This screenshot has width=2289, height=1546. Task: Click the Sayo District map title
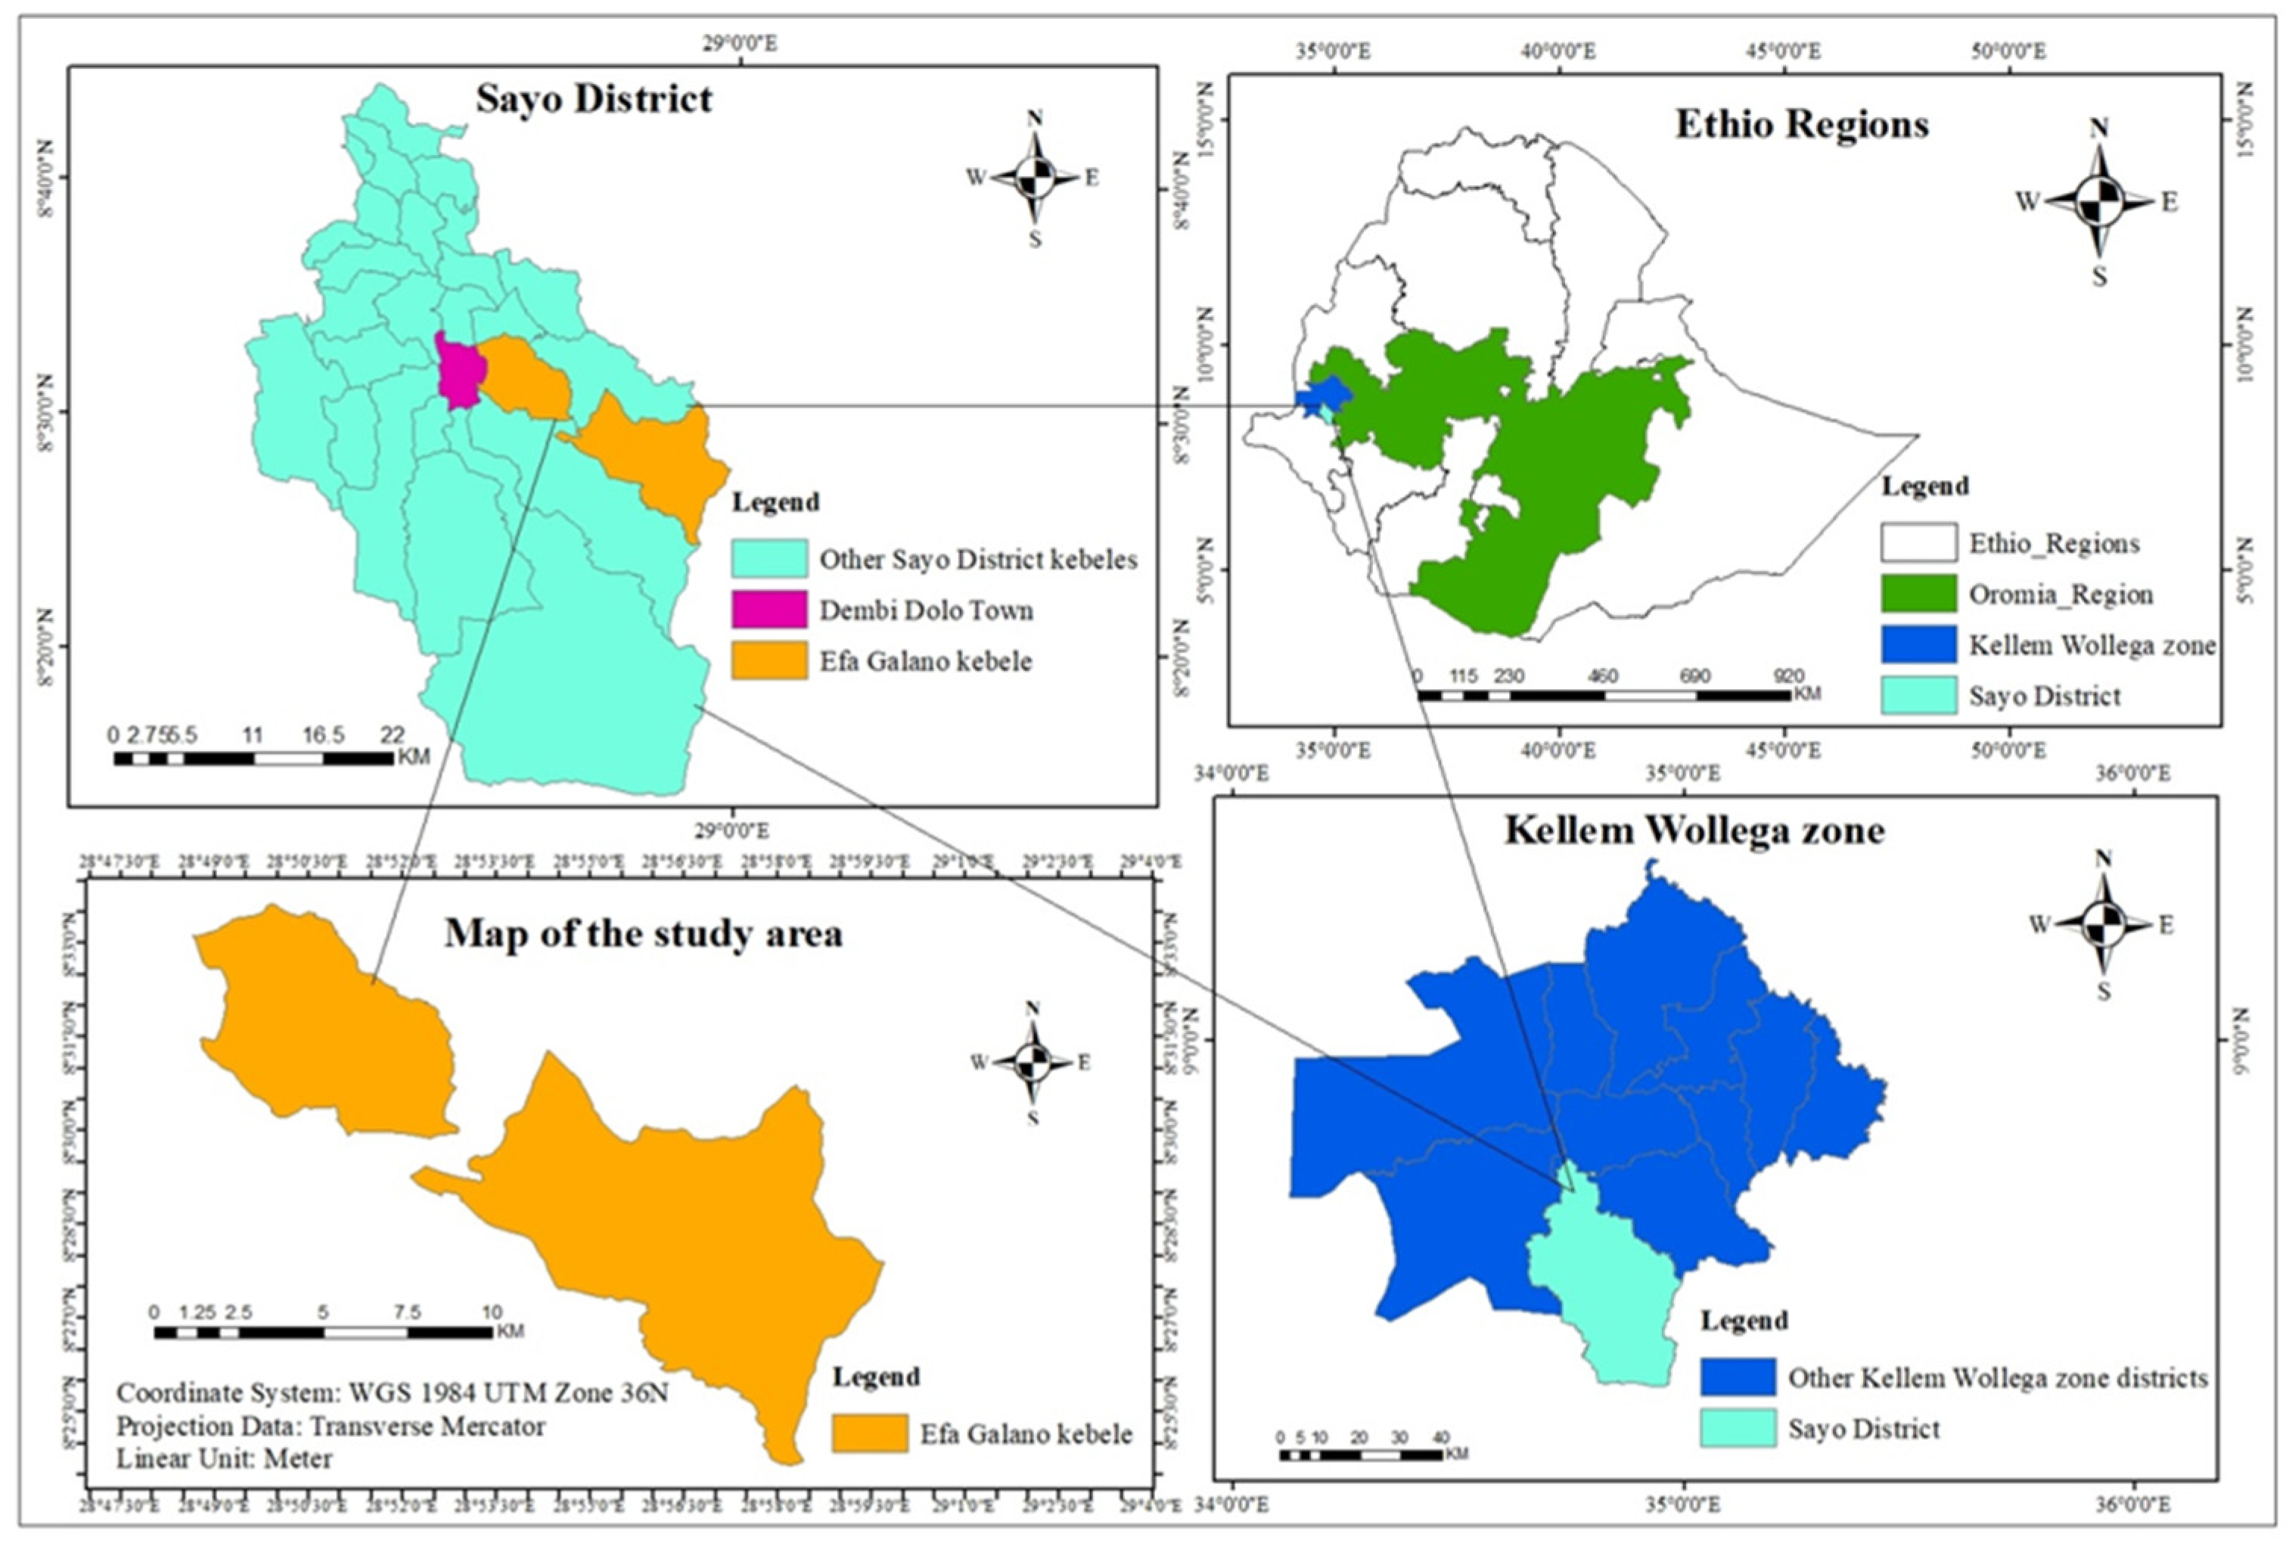(594, 99)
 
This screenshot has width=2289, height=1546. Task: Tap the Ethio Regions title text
(1801, 125)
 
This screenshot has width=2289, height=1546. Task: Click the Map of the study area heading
(643, 933)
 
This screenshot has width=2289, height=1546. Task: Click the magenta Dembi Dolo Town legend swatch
(769, 610)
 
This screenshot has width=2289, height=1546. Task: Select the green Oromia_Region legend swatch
(1918, 594)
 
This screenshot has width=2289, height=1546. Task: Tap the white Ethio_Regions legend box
(1918, 542)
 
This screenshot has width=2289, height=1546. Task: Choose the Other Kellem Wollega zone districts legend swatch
(1738, 1377)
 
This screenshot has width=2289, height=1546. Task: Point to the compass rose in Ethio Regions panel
(2099, 202)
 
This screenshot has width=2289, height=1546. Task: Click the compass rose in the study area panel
(1033, 1063)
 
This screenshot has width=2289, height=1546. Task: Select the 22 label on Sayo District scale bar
(392, 734)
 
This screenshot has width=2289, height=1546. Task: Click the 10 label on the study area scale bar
(492, 1312)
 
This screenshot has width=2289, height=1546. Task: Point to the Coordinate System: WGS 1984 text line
(392, 1392)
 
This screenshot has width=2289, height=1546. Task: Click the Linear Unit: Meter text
(225, 1458)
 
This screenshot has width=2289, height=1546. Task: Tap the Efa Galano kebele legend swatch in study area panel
(868, 1434)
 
